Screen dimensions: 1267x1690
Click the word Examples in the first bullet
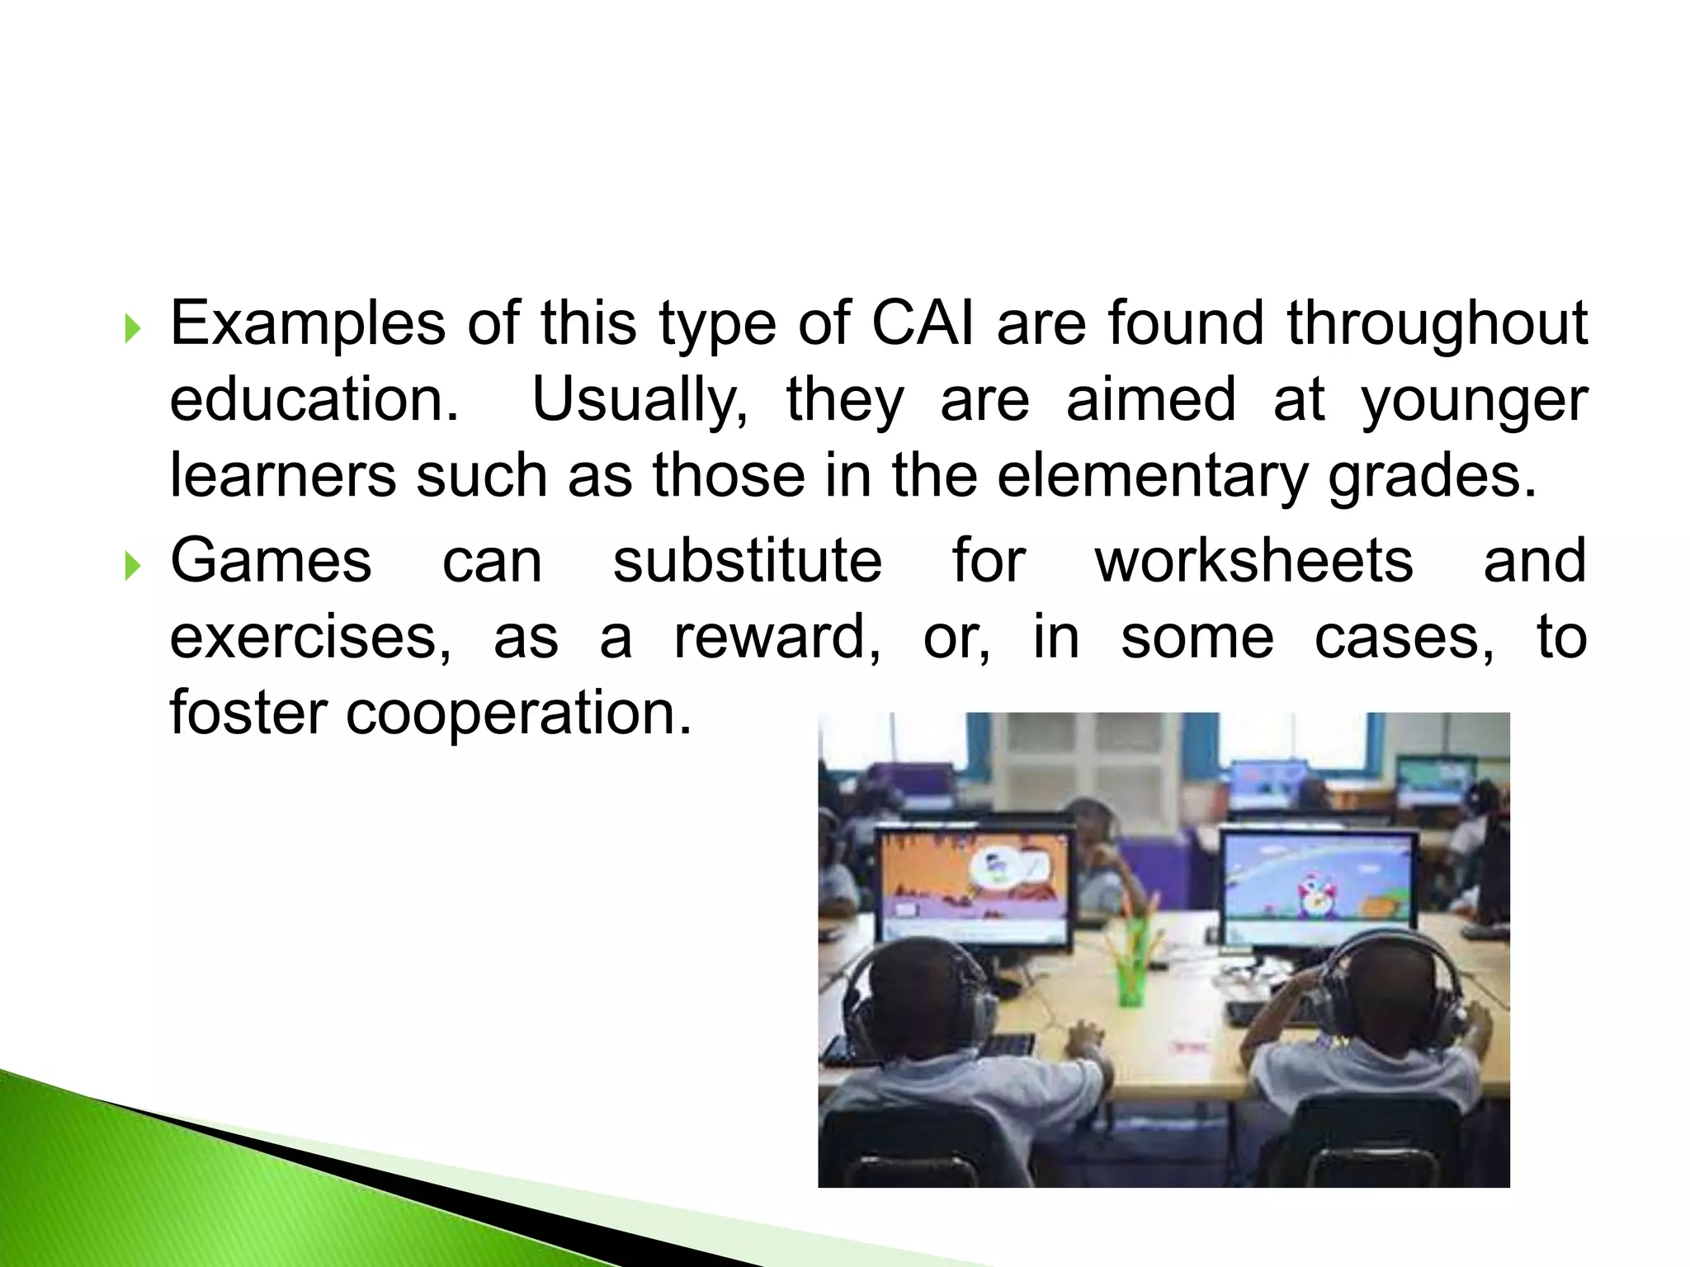[307, 324]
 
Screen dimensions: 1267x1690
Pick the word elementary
[1152, 476]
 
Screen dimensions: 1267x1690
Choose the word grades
[1433, 478]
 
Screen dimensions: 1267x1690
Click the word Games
[271, 561]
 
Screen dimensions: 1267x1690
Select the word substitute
[747, 561]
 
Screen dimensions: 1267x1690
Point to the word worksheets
[1254, 561]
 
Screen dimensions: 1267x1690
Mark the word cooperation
[518, 714]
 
